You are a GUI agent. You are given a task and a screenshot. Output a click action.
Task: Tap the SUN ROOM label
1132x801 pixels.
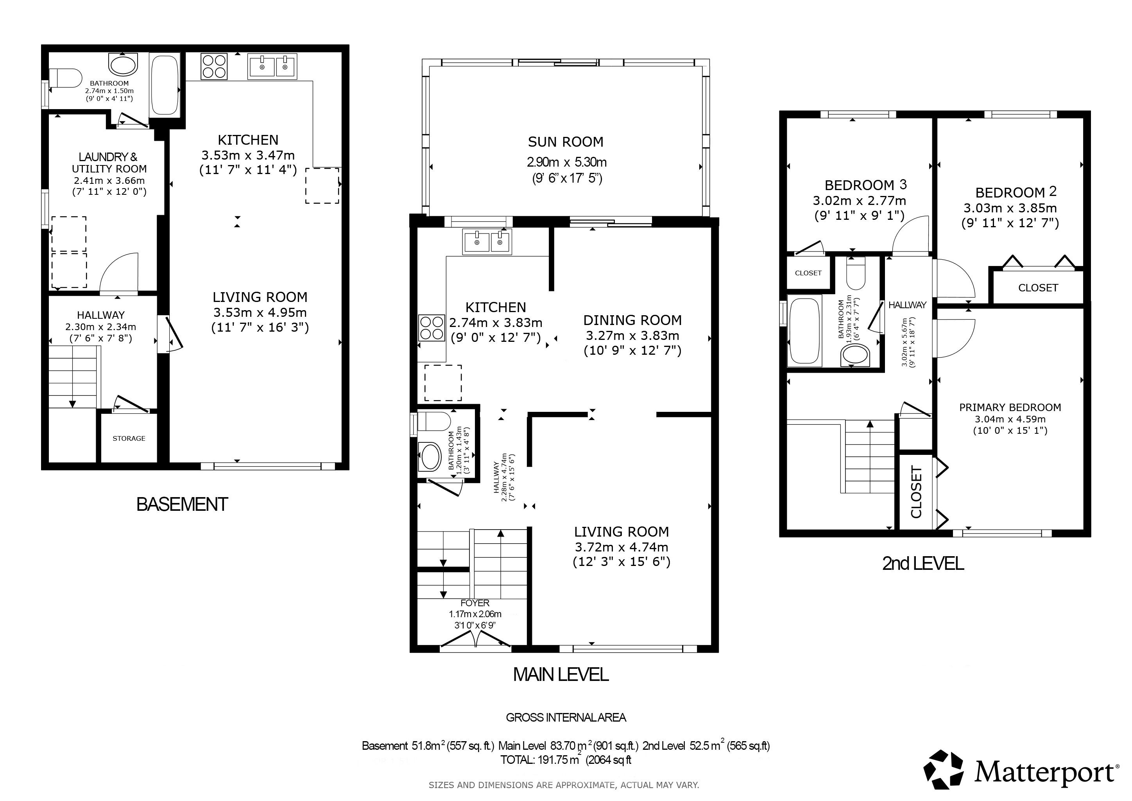566,142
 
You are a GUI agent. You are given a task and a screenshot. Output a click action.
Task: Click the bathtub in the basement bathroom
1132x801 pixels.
164,85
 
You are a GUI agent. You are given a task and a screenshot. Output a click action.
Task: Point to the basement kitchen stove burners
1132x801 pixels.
214,66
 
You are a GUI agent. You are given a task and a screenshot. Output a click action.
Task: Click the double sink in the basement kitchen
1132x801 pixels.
273,66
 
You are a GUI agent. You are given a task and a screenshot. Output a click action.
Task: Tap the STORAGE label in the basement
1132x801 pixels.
129,438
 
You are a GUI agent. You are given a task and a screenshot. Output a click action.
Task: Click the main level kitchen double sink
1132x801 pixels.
487,242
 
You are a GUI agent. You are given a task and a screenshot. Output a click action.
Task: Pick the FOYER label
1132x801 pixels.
475,603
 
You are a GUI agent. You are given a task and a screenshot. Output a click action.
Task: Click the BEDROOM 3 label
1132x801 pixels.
866,185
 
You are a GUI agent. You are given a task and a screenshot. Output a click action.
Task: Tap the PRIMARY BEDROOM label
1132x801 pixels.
1010,408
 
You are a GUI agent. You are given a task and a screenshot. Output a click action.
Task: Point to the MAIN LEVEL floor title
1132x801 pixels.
561,674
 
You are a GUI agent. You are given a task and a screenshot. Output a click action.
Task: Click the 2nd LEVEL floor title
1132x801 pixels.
922,563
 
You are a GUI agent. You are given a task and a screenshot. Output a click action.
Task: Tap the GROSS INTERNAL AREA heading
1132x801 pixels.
566,718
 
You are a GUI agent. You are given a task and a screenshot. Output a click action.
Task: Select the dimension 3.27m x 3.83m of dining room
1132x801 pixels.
632,336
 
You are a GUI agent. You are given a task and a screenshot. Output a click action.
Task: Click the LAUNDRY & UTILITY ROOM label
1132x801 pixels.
109,163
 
